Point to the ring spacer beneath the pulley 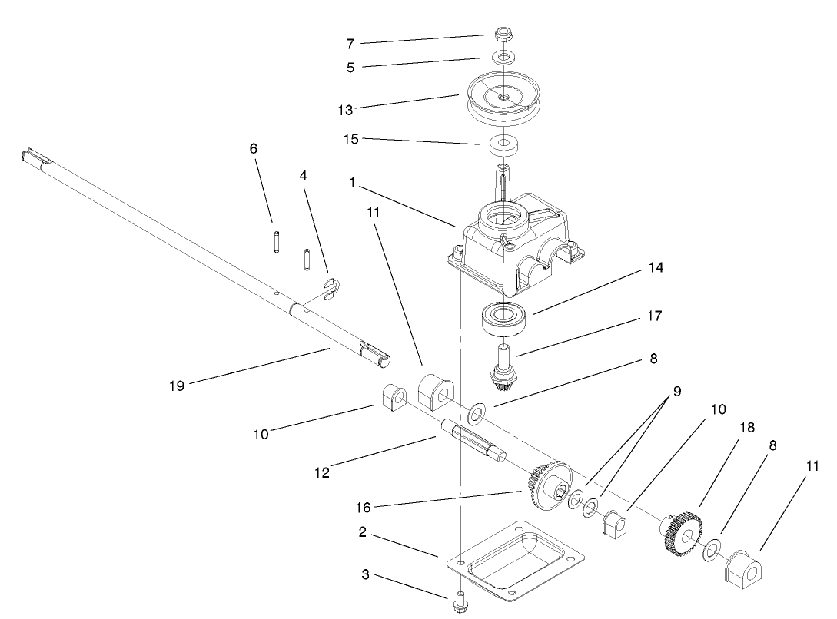[503, 144]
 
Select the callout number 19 [177, 386]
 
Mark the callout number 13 [345, 110]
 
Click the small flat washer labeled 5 [503, 58]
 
